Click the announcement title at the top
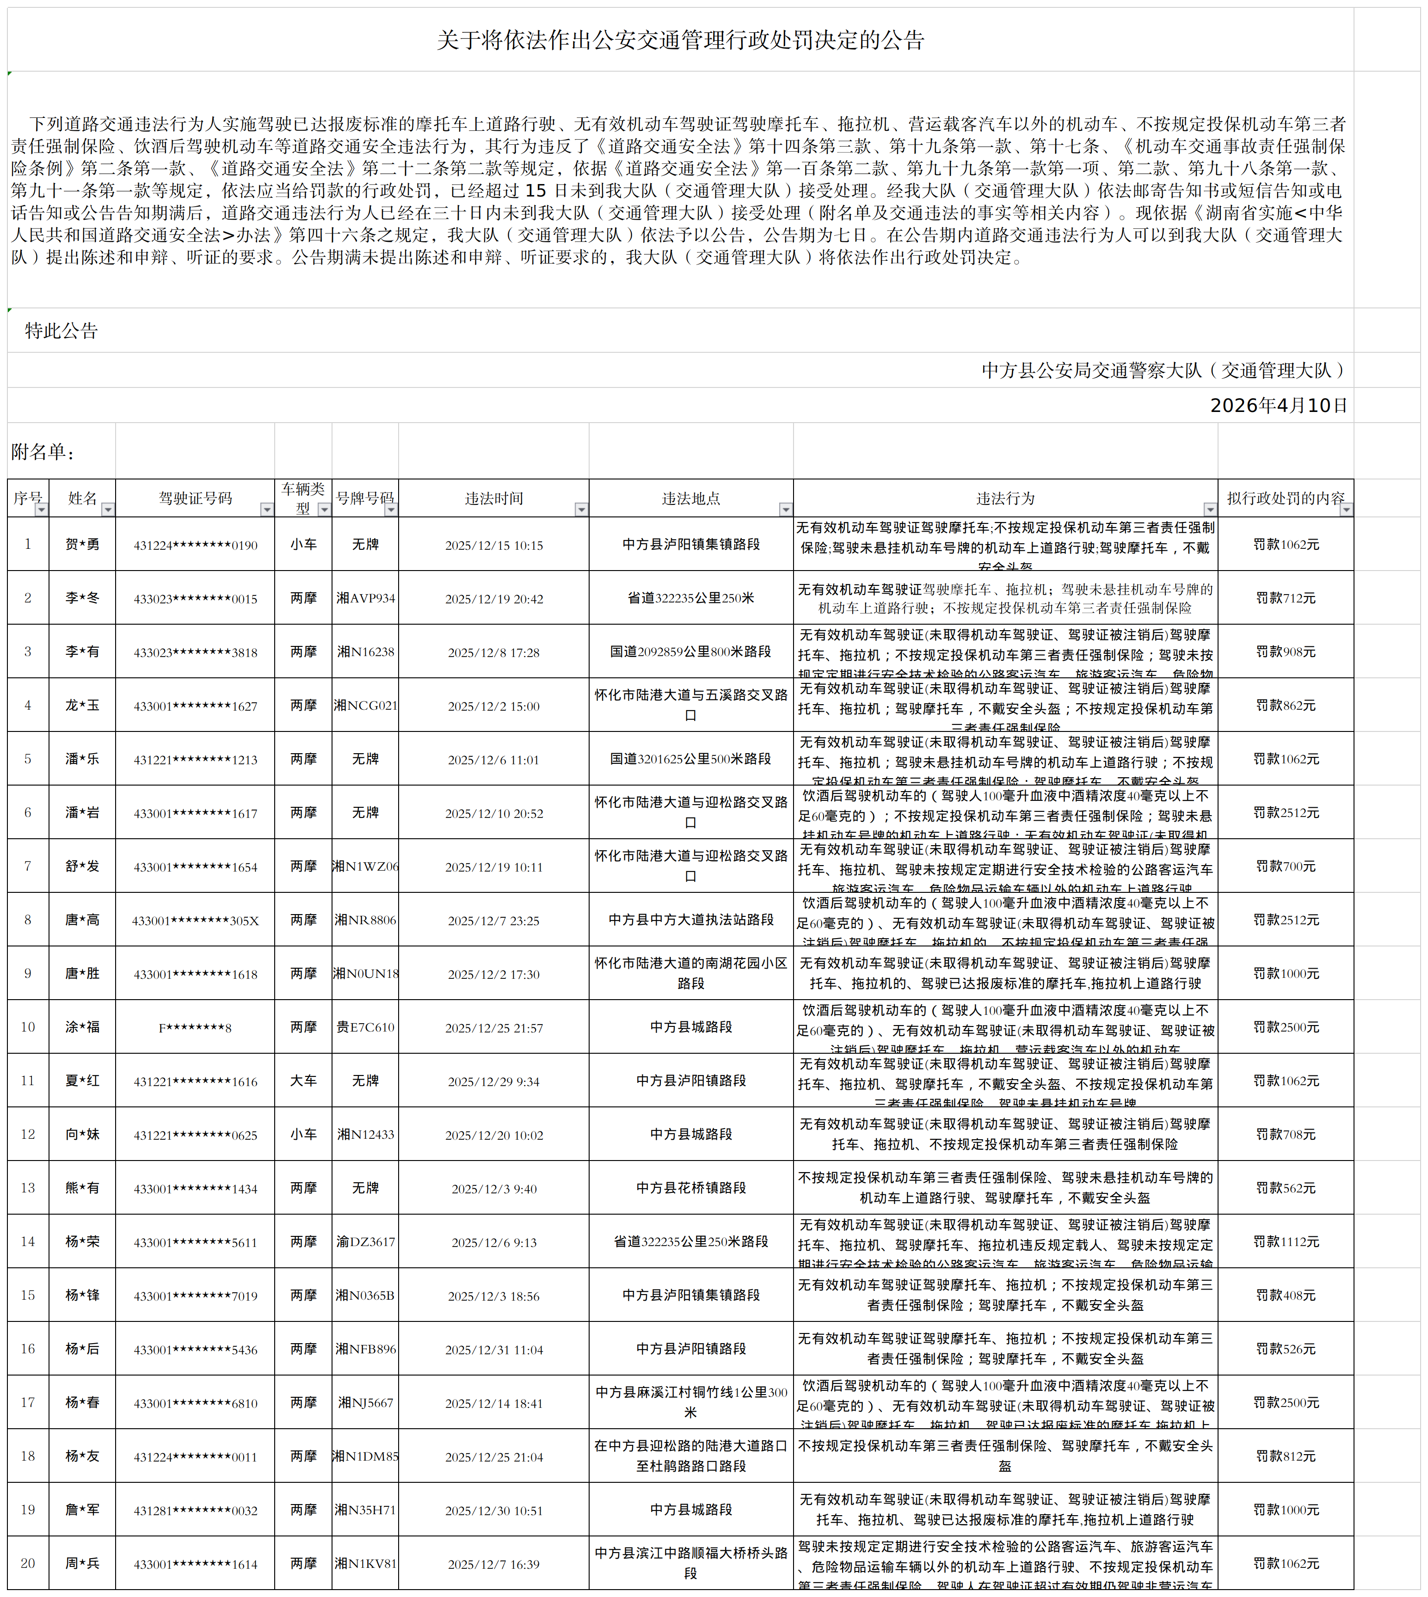coord(680,40)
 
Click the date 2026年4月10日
coord(1278,405)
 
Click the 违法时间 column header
coord(493,498)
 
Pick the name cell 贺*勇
coord(82,544)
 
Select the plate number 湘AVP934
coord(366,598)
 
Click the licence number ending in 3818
coord(195,652)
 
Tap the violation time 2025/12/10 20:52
coord(493,813)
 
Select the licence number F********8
coord(195,1027)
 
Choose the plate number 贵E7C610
coord(366,1027)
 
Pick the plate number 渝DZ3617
coord(366,1242)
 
